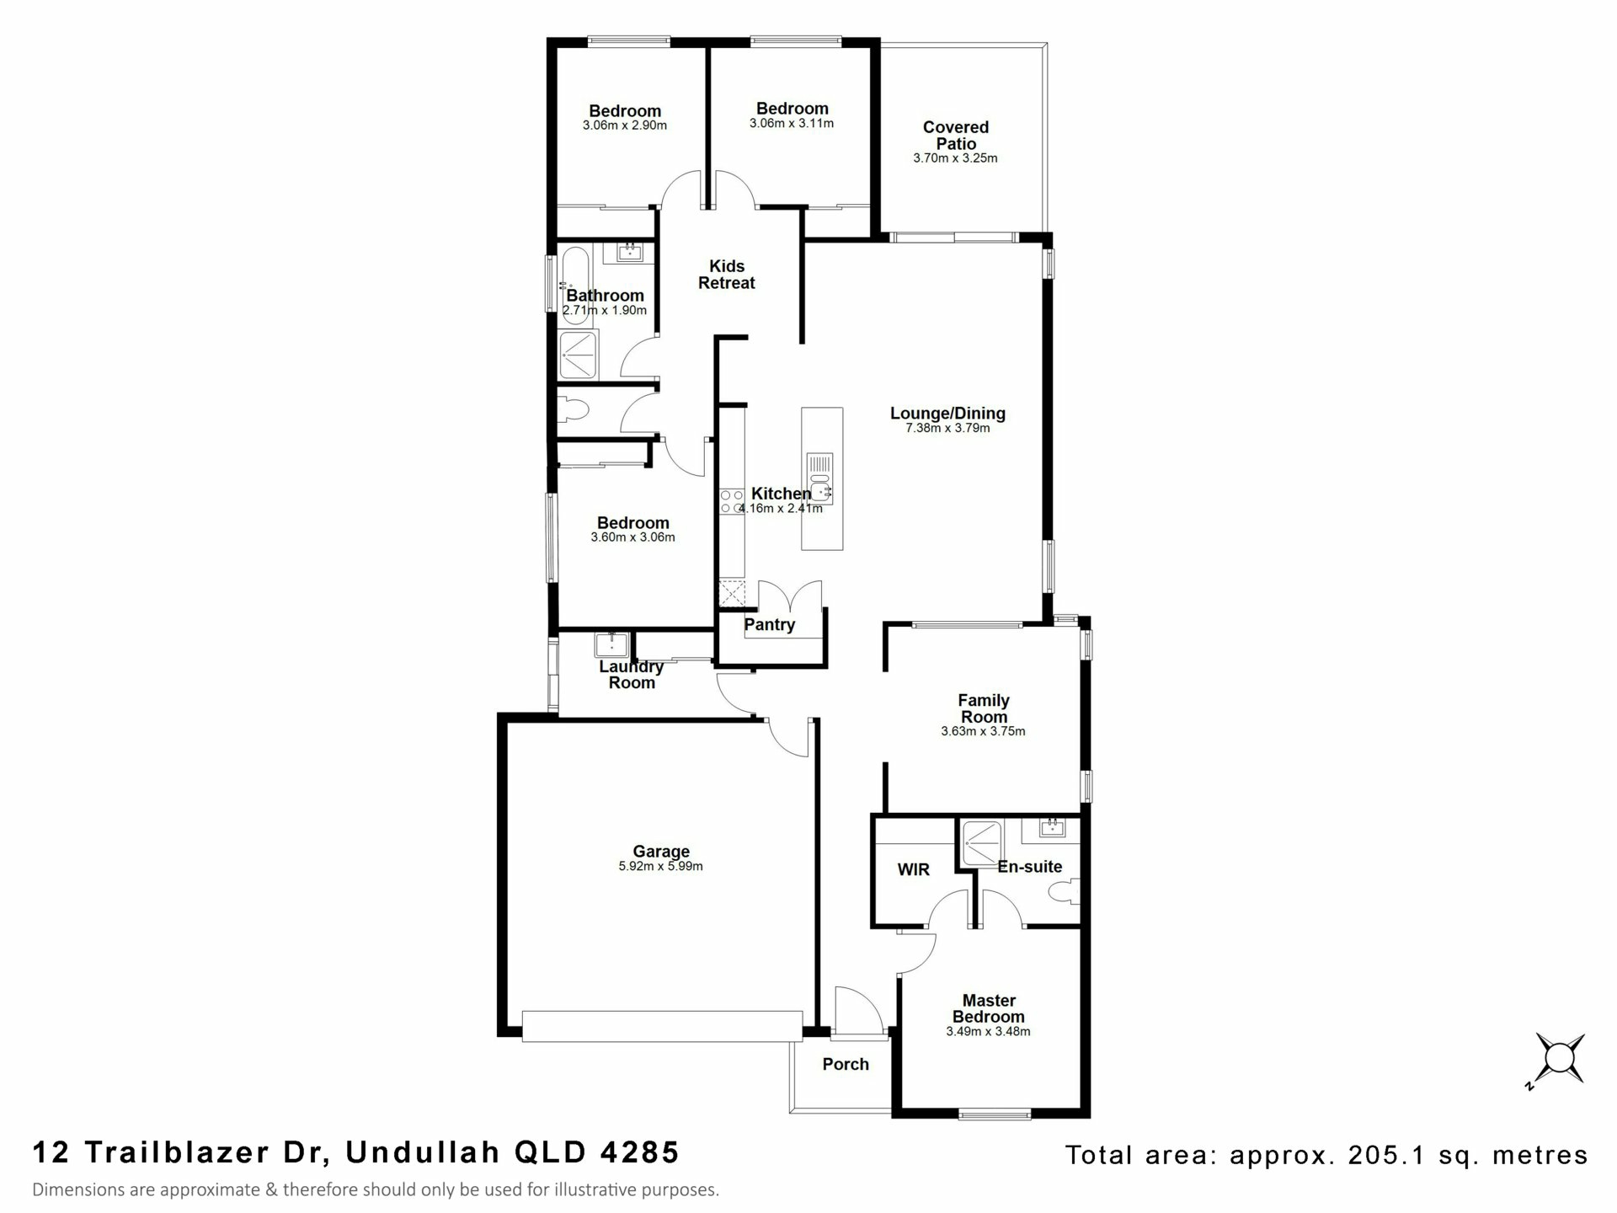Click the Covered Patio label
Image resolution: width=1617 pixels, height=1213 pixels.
(x=955, y=136)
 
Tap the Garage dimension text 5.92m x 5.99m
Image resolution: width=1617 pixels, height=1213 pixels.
(x=660, y=866)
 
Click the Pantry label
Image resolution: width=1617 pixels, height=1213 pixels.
(x=769, y=625)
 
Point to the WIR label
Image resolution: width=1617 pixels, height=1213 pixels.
(x=913, y=869)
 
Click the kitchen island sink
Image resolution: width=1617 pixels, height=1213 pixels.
(x=819, y=477)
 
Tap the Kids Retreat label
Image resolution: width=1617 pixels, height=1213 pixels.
(x=726, y=275)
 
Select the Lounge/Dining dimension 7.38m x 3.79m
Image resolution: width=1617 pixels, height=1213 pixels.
(x=947, y=428)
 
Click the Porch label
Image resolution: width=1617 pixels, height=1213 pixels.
(x=846, y=1064)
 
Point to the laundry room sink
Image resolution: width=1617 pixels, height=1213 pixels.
(x=608, y=644)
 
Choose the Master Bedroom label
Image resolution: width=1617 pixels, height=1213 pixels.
(x=989, y=1008)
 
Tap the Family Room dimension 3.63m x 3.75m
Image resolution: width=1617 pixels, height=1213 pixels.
(x=983, y=731)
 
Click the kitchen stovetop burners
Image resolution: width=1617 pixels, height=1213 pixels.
(x=731, y=502)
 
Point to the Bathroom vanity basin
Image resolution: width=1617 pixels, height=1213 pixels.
(x=629, y=252)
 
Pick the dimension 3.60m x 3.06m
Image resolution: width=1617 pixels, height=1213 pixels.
(x=632, y=537)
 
